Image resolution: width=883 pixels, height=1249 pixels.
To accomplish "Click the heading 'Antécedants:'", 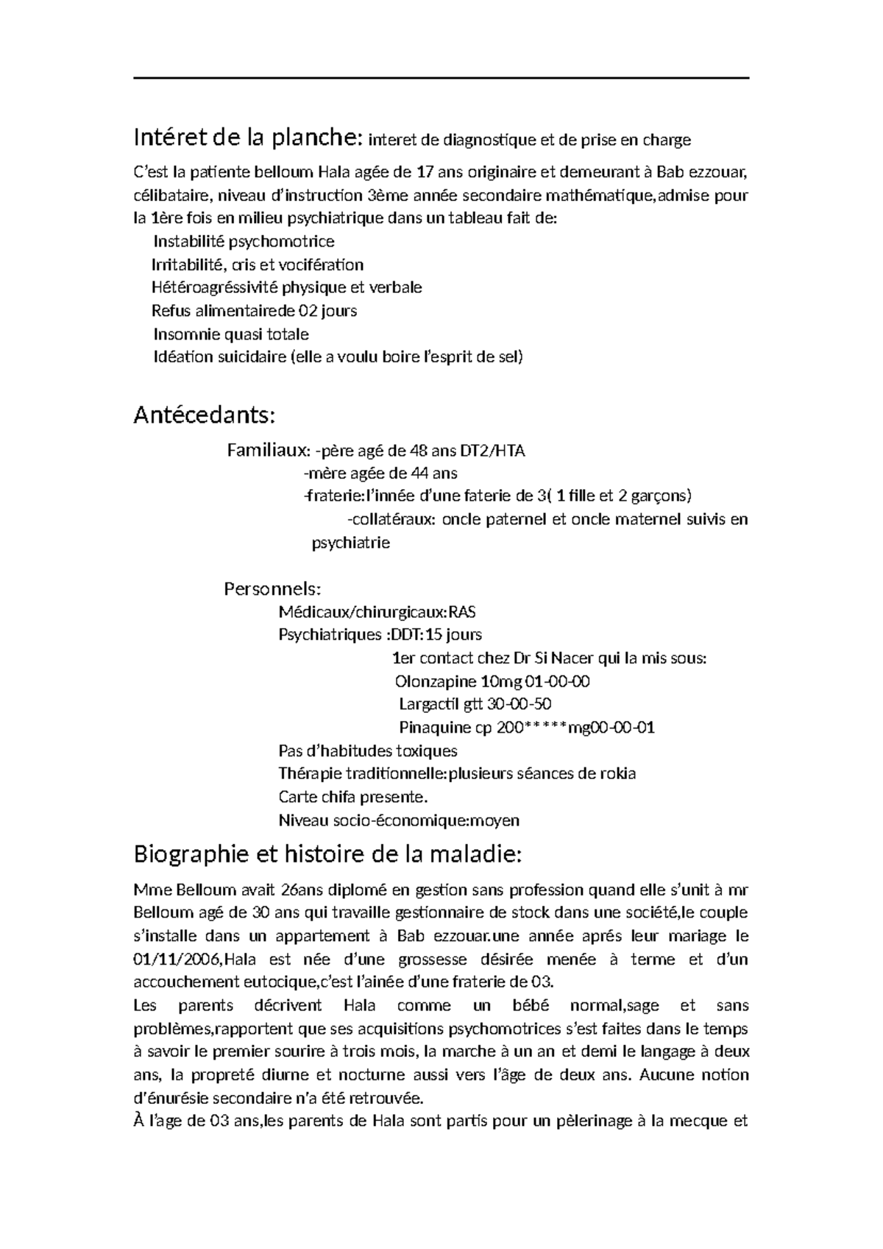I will pyautogui.click(x=205, y=416).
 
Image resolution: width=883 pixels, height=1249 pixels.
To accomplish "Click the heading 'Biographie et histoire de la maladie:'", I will pyautogui.click(x=327, y=855).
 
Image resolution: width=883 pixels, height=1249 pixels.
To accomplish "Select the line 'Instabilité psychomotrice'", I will pyautogui.click(x=244, y=242).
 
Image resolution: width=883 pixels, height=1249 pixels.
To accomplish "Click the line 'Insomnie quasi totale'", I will pyautogui.click(x=231, y=334).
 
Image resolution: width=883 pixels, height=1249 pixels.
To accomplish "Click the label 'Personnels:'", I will pyautogui.click(x=272, y=589).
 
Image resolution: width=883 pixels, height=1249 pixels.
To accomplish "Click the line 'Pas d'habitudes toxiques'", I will pyautogui.click(x=368, y=750).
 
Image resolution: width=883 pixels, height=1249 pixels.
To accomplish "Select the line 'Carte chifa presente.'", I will pyautogui.click(x=352, y=797).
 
